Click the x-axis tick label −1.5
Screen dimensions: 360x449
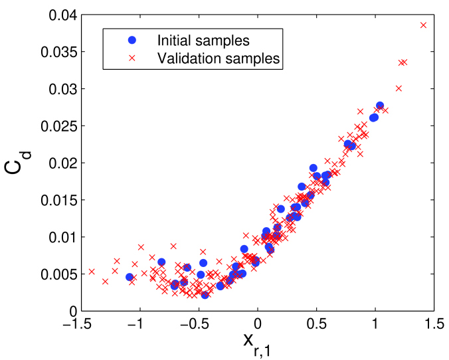click(x=74, y=325)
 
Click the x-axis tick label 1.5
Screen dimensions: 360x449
click(x=434, y=325)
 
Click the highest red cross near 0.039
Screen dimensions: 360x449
click(x=423, y=25)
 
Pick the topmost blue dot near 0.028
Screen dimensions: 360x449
click(x=380, y=106)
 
